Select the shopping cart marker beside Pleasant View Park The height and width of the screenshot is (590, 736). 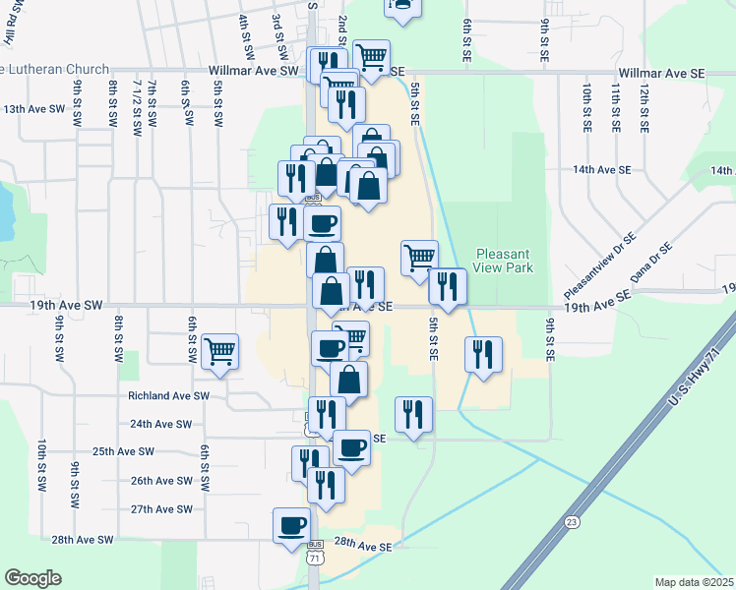(420, 258)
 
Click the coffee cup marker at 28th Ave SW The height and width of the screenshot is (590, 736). (292, 526)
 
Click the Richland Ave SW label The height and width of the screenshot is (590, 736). (169, 395)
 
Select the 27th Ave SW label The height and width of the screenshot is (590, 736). (162, 509)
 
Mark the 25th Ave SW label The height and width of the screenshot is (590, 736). (124, 451)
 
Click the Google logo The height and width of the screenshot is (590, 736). (32, 578)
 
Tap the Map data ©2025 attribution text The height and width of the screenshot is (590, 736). (693, 582)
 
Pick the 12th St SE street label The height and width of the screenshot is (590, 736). (644, 107)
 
